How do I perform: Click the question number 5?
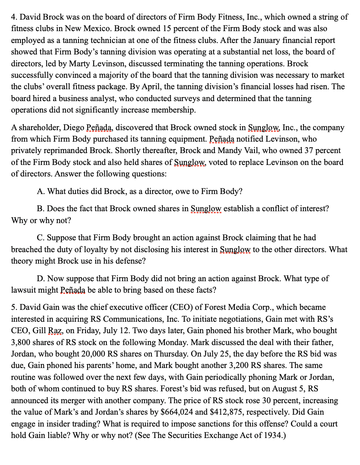(14, 307)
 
